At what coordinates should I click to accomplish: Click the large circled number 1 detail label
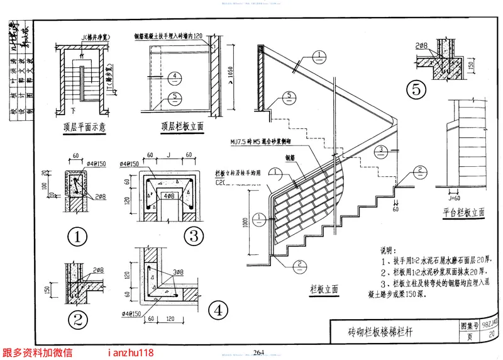click(76, 238)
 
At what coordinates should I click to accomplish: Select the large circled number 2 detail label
click(76, 320)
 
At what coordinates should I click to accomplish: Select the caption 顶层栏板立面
click(182, 125)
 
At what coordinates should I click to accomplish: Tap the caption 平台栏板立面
click(463, 213)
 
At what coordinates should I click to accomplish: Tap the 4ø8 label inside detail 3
click(169, 196)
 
